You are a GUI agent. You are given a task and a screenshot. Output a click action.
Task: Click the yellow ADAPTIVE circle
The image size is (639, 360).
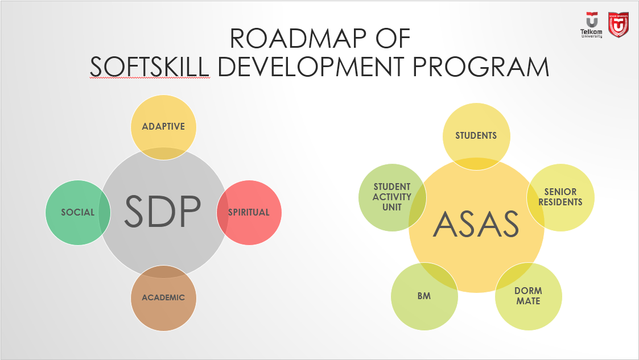click(x=163, y=126)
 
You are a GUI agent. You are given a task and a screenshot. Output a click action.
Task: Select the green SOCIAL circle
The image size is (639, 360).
click(x=78, y=212)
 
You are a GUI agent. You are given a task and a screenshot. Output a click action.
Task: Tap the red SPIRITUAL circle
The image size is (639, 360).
click(x=249, y=212)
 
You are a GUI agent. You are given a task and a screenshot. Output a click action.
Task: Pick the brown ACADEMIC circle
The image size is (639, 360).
click(x=163, y=297)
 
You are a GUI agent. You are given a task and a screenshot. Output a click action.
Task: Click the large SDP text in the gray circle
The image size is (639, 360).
click(x=163, y=212)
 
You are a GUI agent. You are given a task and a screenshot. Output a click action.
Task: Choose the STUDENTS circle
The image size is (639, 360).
click(x=476, y=135)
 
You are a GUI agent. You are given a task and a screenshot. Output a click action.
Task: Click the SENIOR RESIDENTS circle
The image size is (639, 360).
click(x=560, y=197)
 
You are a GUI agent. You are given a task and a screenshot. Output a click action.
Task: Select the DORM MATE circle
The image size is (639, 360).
click(x=528, y=296)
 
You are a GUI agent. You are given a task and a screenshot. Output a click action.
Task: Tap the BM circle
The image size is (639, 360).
click(x=424, y=296)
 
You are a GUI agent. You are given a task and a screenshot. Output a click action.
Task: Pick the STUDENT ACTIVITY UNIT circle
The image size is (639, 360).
click(x=392, y=197)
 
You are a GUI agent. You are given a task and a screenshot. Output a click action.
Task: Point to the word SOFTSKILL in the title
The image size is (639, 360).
click(x=150, y=67)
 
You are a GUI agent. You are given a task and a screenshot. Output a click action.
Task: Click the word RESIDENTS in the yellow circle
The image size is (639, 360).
click(x=560, y=202)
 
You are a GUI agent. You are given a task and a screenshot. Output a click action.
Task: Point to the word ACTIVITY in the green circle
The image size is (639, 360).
click(x=392, y=197)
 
